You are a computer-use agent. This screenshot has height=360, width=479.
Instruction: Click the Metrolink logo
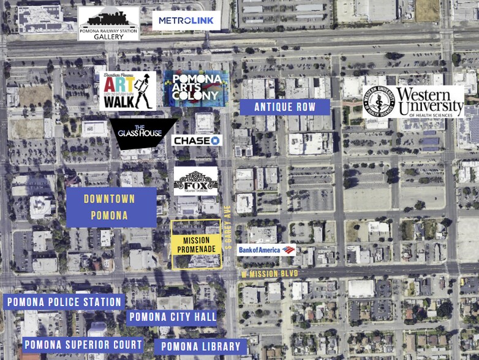[x=186, y=21]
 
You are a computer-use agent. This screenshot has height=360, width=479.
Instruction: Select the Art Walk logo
[x=128, y=91]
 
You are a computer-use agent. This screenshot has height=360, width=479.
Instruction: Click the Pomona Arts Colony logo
[x=196, y=89]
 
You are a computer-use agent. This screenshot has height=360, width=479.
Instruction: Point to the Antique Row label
[x=285, y=107]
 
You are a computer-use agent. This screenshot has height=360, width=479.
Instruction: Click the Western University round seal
[x=378, y=102]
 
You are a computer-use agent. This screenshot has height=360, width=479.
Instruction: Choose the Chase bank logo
[x=196, y=141]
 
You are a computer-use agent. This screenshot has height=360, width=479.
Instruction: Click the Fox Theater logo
[x=196, y=181]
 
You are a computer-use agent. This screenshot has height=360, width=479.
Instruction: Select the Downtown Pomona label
[x=111, y=207]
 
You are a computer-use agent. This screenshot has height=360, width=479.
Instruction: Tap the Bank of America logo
[x=266, y=249]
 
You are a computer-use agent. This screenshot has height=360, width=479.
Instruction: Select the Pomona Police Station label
[x=64, y=302]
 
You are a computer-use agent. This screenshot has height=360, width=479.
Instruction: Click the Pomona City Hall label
[x=172, y=317]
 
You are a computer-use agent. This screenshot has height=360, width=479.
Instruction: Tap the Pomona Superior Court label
[x=83, y=345]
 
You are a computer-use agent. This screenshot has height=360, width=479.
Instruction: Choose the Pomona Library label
[x=200, y=347]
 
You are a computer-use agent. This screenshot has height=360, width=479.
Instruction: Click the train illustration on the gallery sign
[x=108, y=18]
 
